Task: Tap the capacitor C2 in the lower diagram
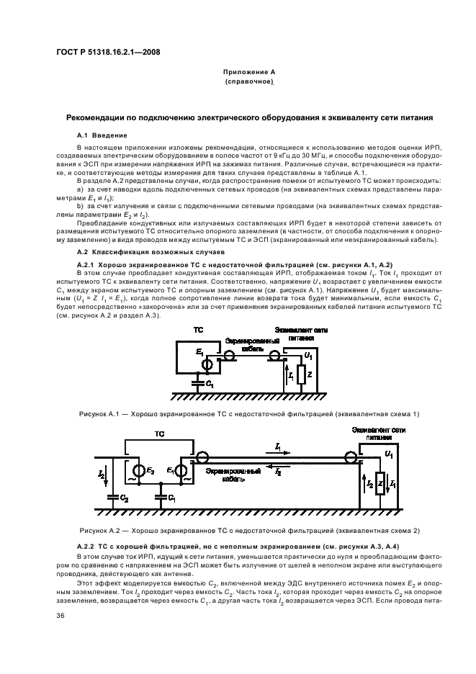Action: tap(112, 497)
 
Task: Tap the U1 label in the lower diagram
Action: tap(389, 457)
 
